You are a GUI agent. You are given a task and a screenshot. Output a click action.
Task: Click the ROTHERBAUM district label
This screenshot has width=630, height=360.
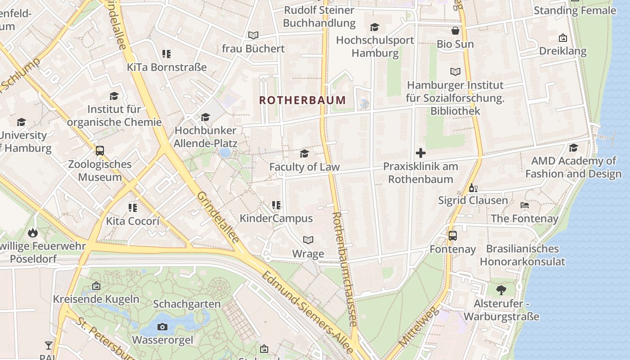point(303,100)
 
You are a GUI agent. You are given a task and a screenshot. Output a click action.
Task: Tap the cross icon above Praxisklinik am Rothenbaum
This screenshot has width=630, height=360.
point(421,153)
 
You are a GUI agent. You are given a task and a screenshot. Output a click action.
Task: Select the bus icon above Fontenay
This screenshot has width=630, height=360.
point(452,236)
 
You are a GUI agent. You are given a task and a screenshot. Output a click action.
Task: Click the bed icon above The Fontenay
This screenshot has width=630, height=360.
point(524,205)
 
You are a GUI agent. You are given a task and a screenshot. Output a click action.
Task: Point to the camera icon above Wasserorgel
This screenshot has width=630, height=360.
point(162,327)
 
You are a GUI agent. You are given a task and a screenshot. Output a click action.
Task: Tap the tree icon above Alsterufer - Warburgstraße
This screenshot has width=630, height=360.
point(501,290)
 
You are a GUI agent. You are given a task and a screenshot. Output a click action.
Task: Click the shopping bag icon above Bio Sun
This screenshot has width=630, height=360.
point(455,31)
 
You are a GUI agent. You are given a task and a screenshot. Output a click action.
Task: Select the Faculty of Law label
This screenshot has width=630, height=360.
point(304,167)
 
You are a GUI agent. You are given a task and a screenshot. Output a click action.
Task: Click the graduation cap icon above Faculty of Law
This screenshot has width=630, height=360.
point(304,154)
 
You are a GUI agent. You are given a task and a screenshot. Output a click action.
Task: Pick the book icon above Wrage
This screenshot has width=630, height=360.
point(308,240)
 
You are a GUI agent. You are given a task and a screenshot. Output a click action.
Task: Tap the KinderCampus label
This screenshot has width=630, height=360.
point(276,219)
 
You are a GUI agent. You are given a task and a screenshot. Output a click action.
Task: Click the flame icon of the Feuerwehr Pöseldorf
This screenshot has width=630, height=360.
point(33,233)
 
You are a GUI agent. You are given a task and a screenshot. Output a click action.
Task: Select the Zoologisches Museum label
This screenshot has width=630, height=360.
point(100,171)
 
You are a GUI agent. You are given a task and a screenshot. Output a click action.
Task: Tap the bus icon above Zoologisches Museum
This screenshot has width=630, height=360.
point(100,151)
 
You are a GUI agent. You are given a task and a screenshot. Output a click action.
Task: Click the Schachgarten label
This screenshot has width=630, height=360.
point(187,304)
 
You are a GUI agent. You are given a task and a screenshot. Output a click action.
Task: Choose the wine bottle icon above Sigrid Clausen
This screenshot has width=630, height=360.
point(473,188)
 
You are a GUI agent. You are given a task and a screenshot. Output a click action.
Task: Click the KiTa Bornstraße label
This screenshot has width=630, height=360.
point(166,67)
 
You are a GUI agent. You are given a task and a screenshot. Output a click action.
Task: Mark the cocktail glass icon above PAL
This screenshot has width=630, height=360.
point(49,346)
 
